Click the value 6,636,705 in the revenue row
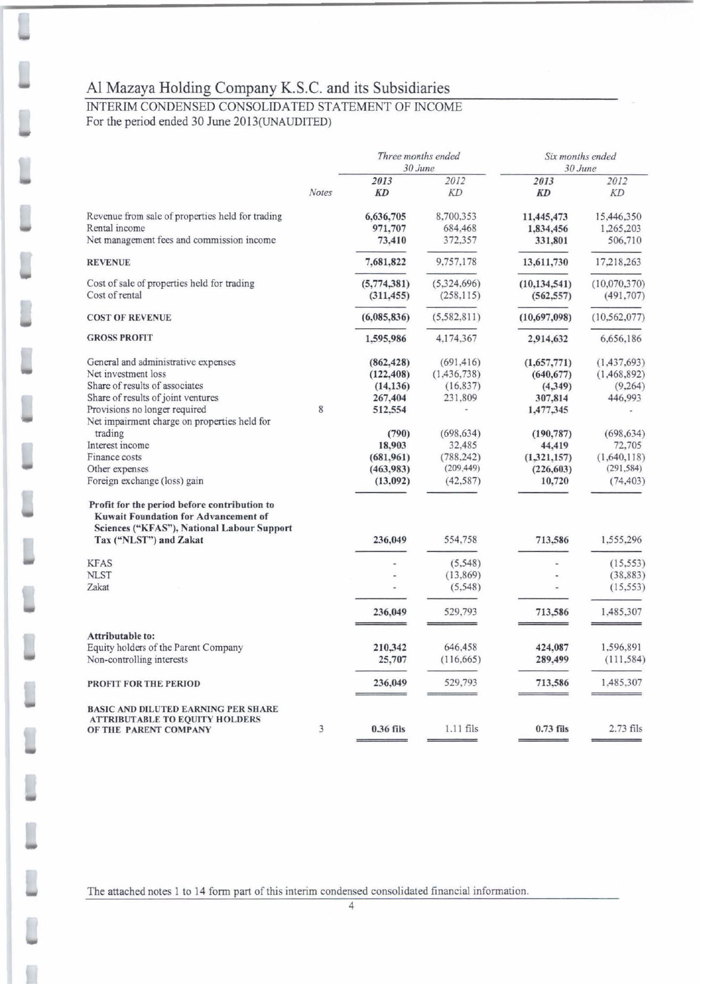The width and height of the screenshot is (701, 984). pos(385,216)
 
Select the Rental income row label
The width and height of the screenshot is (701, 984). pos(115,228)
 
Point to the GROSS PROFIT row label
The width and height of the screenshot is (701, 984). pos(120,338)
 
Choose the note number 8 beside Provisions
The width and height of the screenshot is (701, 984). pos(321,410)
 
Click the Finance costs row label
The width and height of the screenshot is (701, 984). pos(114,457)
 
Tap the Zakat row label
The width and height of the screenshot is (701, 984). pos(98,587)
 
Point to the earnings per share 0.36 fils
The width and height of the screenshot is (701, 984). pos(388,729)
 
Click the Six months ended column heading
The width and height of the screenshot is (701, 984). pos(580,156)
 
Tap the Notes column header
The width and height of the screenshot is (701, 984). pos(320,193)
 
